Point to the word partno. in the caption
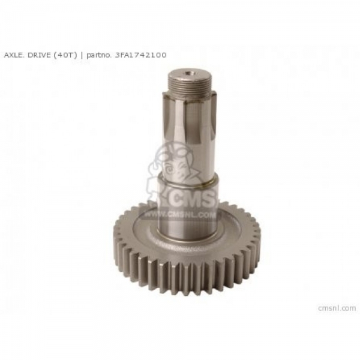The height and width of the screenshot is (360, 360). (x=99, y=55)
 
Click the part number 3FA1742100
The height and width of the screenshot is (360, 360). (x=140, y=55)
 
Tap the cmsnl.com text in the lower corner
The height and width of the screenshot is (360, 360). (x=337, y=308)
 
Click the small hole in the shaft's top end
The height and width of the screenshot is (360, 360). (x=189, y=74)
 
